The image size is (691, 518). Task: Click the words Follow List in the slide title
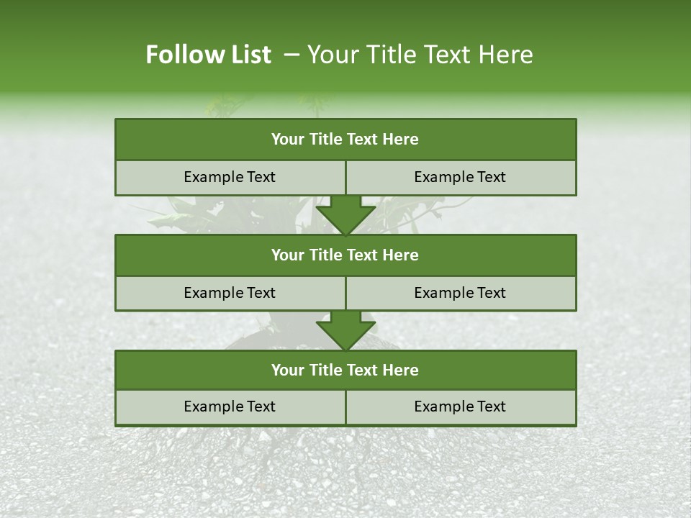pyautogui.click(x=208, y=55)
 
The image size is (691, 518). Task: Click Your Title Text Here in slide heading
pyautogui.click(x=420, y=55)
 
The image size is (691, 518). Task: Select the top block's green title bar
pyautogui.click(x=345, y=140)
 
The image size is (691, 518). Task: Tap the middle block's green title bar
pyautogui.click(x=345, y=255)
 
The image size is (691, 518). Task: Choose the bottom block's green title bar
pyautogui.click(x=345, y=370)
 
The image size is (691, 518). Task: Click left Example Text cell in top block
pyautogui.click(x=230, y=177)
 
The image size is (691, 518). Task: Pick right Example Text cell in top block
pyautogui.click(x=461, y=177)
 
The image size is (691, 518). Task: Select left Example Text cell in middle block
pyautogui.click(x=230, y=293)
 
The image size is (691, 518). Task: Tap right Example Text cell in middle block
pyautogui.click(x=461, y=293)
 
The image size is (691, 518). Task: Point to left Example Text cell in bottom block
pyautogui.click(x=230, y=406)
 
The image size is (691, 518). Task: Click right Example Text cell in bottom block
pyautogui.click(x=461, y=406)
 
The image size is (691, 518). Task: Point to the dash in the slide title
pyautogui.click(x=292, y=55)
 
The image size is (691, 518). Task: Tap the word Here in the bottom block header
pyautogui.click(x=402, y=370)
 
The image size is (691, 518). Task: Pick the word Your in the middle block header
pyautogui.click(x=287, y=255)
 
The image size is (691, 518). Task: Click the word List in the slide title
pyautogui.click(x=248, y=55)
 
